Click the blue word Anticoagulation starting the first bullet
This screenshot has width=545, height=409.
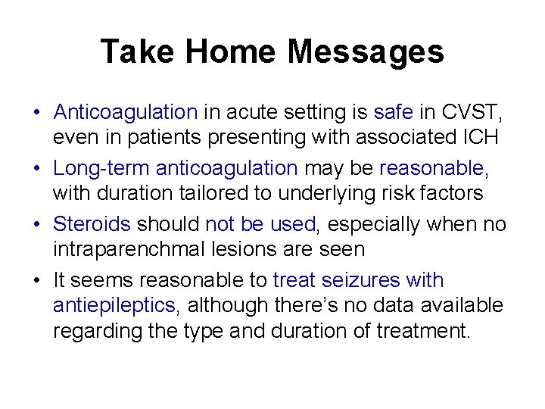pyautogui.click(x=125, y=112)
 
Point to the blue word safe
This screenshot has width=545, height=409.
pyautogui.click(x=393, y=112)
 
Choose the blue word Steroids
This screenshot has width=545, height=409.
pyautogui.click(x=92, y=224)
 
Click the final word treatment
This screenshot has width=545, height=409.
pyautogui.click(x=425, y=332)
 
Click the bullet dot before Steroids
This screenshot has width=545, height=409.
pyautogui.click(x=36, y=225)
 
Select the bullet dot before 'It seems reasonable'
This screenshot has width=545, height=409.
pyautogui.click(x=36, y=281)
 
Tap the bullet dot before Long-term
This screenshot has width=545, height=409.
pyautogui.click(x=36, y=169)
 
